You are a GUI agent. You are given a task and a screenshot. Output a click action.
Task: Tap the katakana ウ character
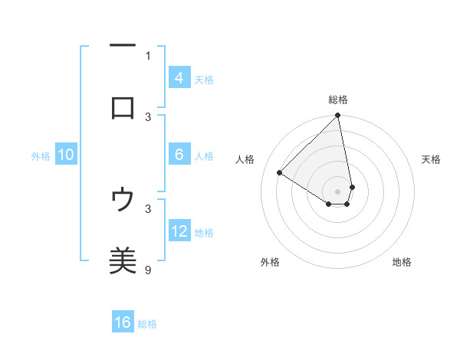(x=123, y=201)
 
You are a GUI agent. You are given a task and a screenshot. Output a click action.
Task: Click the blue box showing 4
(x=179, y=78)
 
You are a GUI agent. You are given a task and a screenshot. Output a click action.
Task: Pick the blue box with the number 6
(x=179, y=155)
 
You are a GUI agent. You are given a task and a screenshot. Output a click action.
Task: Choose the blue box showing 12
(x=179, y=231)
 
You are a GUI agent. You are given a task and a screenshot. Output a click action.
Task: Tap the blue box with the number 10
(x=66, y=155)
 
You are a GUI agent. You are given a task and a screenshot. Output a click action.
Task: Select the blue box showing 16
(x=123, y=322)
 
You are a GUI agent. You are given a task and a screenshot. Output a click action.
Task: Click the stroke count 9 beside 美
(x=148, y=269)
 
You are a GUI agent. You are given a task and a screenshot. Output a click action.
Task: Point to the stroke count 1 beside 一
(x=148, y=55)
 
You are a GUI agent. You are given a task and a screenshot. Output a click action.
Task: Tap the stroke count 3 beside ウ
(x=148, y=208)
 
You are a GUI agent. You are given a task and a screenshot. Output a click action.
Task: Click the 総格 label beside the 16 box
(x=147, y=324)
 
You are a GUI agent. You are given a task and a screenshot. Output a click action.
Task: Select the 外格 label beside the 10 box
(x=41, y=156)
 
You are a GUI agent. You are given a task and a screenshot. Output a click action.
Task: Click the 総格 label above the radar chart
(x=338, y=100)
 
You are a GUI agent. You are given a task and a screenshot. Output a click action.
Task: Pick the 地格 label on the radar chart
(x=402, y=262)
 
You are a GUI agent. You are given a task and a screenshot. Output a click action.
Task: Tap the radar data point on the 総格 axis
(x=338, y=116)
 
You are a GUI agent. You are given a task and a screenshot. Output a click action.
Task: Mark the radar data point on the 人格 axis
(x=280, y=173)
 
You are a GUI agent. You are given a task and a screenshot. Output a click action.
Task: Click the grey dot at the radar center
(x=338, y=191)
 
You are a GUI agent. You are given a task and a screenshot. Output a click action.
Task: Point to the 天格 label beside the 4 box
(x=204, y=80)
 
